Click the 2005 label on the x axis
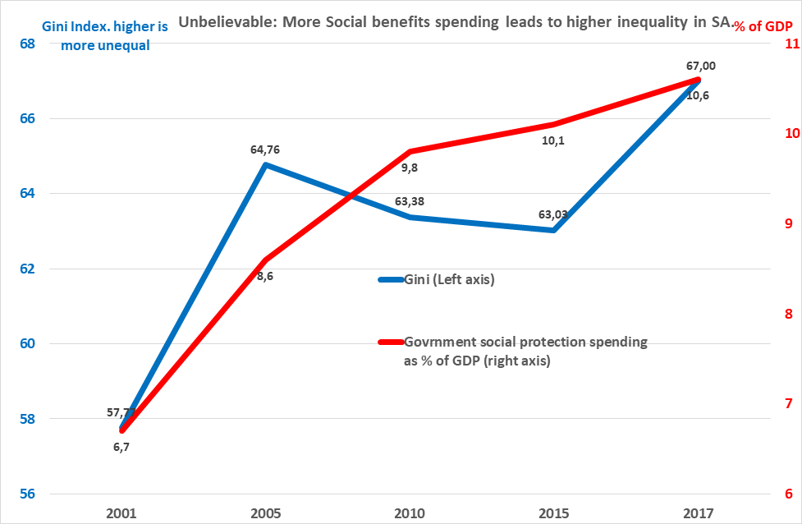(x=266, y=513)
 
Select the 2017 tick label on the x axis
(x=698, y=513)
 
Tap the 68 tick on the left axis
(x=26, y=44)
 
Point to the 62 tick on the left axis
(x=26, y=269)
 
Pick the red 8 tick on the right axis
(x=788, y=314)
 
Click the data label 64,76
(x=266, y=150)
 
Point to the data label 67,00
(x=698, y=66)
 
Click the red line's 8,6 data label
(x=265, y=277)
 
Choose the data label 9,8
(x=410, y=168)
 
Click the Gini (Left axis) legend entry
(x=449, y=279)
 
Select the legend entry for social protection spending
(x=525, y=351)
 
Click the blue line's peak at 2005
(x=266, y=165)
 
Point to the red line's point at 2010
(x=410, y=151)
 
